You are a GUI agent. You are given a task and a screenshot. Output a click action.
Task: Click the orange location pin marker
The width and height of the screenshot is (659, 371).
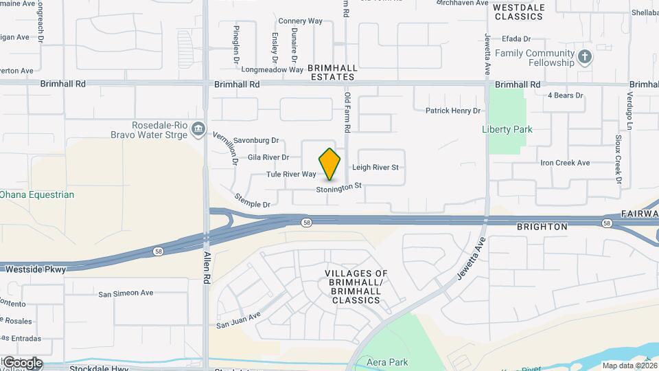click(x=329, y=164)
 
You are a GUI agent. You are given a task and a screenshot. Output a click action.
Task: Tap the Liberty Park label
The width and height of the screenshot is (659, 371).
click(x=507, y=129)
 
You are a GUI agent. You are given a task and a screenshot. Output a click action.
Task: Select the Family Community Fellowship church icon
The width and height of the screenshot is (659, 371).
click(x=584, y=57)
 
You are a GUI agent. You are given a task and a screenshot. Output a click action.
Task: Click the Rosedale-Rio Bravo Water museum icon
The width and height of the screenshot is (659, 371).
click(x=198, y=129)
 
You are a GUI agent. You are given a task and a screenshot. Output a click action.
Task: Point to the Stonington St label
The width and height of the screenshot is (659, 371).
click(x=339, y=187)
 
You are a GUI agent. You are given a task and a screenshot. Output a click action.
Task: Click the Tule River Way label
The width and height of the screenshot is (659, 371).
click(x=291, y=175)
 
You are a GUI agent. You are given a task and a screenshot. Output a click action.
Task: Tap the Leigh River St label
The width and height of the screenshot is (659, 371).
click(x=375, y=168)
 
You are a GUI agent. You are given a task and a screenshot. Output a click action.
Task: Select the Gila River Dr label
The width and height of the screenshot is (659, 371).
click(x=268, y=157)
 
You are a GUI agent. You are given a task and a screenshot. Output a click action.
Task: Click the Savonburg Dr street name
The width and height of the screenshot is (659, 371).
click(x=256, y=140)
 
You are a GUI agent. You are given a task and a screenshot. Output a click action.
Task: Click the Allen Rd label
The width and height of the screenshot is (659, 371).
click(x=207, y=268)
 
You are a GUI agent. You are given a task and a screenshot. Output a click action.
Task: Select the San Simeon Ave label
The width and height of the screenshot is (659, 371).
click(x=126, y=293)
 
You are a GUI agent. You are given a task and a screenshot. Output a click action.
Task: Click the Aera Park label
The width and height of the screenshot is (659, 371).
click(x=388, y=362)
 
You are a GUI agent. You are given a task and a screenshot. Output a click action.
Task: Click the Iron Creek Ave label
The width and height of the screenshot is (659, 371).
click(x=565, y=163)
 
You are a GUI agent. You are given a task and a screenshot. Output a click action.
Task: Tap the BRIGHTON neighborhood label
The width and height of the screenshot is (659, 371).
click(x=542, y=227)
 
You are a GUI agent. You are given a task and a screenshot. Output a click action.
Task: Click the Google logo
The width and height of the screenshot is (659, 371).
click(x=22, y=363)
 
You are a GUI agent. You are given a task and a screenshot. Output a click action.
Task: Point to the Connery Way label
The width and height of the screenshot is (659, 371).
click(x=301, y=21)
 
